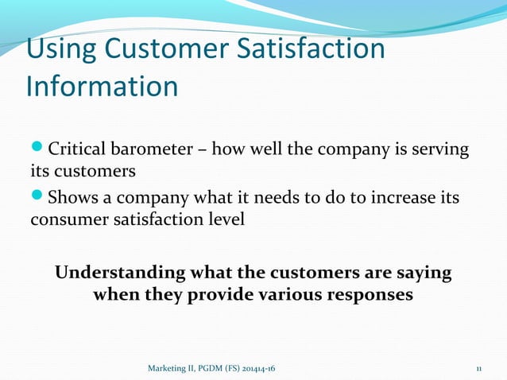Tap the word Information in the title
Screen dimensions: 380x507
point(103,86)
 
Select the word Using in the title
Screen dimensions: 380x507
point(60,48)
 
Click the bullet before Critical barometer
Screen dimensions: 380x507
point(38,149)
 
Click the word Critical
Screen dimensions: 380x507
point(79,149)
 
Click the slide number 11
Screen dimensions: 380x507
point(479,369)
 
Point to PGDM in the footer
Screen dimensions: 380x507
point(215,369)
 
